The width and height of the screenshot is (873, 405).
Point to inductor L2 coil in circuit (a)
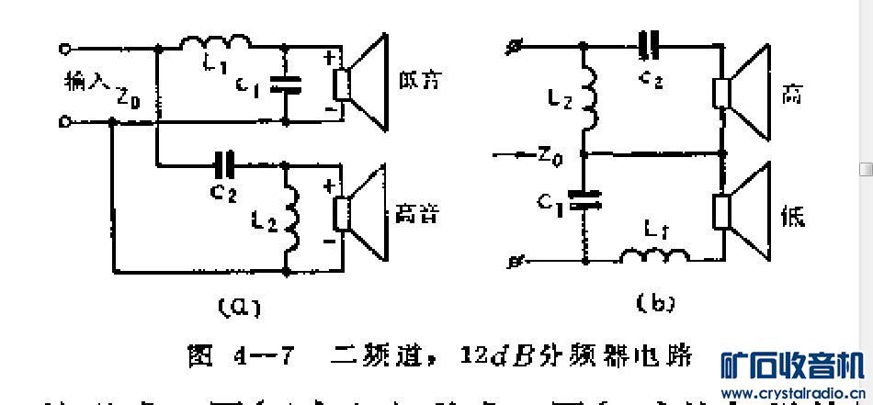click(x=293, y=220)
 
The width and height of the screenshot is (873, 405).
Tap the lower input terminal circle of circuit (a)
click(x=65, y=120)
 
